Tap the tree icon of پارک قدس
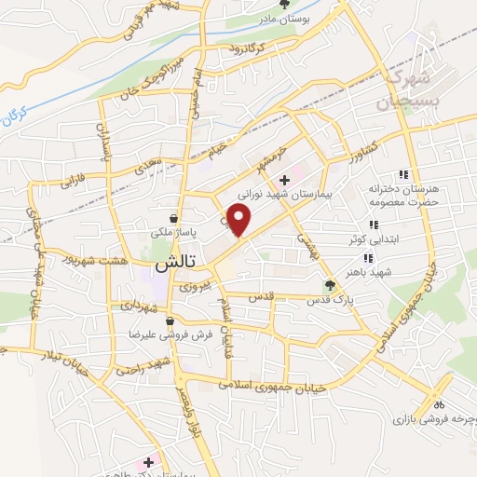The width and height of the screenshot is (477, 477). point(328,287)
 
